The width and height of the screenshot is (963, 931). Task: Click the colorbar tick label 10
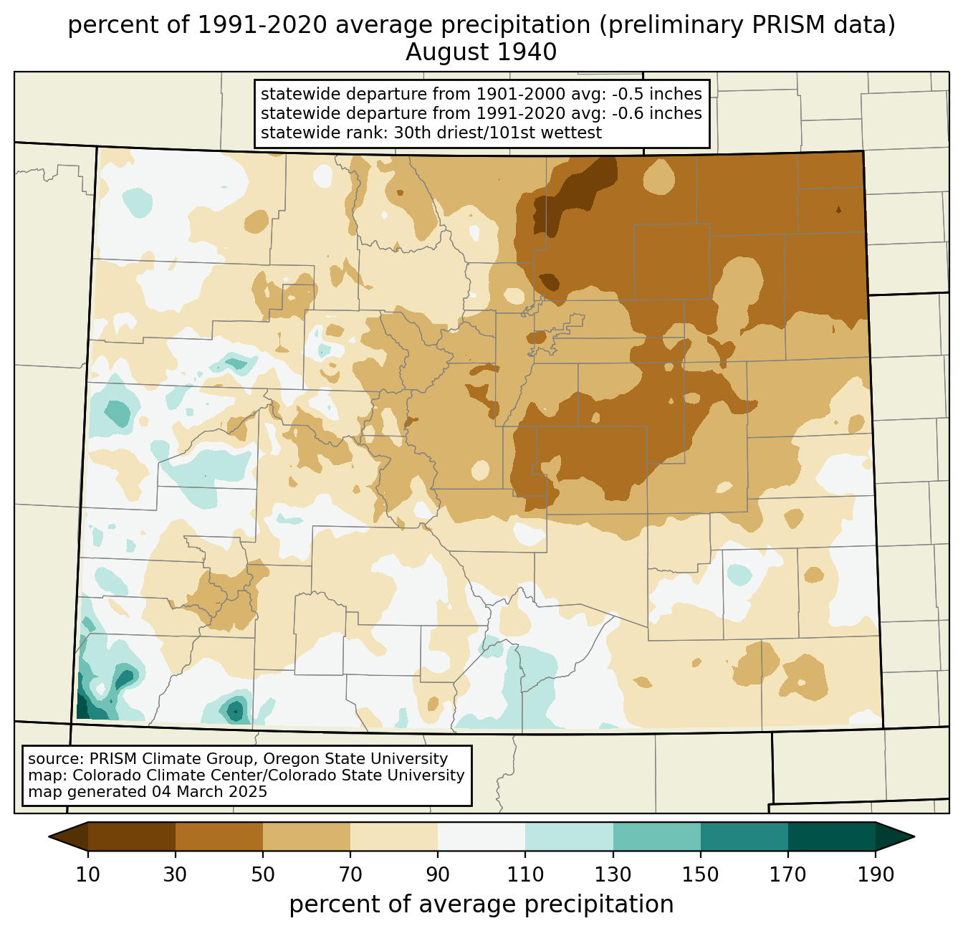coord(87,875)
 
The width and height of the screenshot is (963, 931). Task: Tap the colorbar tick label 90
coord(438,875)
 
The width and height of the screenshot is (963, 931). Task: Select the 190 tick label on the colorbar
coord(876,875)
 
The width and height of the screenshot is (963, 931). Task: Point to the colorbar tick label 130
coord(613,875)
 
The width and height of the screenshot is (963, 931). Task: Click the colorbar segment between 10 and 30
coord(132,836)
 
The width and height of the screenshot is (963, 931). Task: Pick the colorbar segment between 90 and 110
coord(481,836)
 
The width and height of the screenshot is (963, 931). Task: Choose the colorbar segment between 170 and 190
coord(831,836)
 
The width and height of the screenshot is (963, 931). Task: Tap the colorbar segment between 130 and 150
coord(656,836)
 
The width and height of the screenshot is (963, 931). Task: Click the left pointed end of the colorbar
coord(49,836)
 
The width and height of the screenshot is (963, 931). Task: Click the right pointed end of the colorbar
coord(914,836)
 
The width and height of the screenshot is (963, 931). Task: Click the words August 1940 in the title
coord(481,52)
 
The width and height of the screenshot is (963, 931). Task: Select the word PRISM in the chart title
coord(781,25)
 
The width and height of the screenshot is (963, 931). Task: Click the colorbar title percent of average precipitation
coord(481,904)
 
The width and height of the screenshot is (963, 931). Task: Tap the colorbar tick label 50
coord(263,875)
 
